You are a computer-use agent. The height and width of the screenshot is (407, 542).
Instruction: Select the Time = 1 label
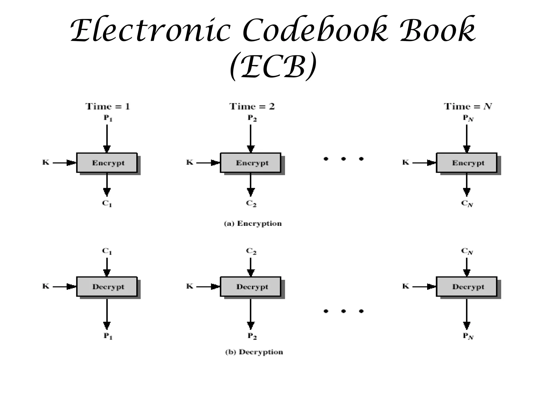tap(108, 107)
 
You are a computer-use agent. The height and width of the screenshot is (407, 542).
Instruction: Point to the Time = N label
tap(468, 107)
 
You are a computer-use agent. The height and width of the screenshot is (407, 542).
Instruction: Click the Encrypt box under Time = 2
tap(251, 163)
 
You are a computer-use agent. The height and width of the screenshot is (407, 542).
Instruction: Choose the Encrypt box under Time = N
tap(467, 163)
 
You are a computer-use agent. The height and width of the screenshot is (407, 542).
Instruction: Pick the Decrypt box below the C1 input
tap(107, 287)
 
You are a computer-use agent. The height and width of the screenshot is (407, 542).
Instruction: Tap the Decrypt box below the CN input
tap(467, 287)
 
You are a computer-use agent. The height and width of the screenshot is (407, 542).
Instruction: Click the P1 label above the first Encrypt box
tap(108, 118)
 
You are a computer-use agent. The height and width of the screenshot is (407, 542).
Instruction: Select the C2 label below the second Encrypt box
tap(251, 203)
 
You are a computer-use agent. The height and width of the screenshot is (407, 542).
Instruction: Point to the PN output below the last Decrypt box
tap(468, 336)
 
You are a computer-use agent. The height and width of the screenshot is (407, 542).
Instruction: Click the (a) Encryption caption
tap(253, 224)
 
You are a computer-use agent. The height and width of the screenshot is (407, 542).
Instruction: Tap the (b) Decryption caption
tap(254, 352)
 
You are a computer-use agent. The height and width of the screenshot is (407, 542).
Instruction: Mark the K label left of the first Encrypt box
tap(46, 162)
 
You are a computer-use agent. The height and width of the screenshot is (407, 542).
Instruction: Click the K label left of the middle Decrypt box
tap(190, 286)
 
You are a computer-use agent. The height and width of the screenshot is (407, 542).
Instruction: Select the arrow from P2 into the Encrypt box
tap(251, 138)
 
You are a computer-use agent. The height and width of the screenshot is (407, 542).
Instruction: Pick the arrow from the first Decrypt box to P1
tap(107, 313)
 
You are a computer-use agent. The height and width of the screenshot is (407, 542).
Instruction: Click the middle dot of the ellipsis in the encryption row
tap(344, 159)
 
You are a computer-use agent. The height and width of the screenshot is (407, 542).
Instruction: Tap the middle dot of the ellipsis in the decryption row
tap(344, 311)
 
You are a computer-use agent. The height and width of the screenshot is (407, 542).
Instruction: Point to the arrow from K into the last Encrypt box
tap(423, 163)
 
